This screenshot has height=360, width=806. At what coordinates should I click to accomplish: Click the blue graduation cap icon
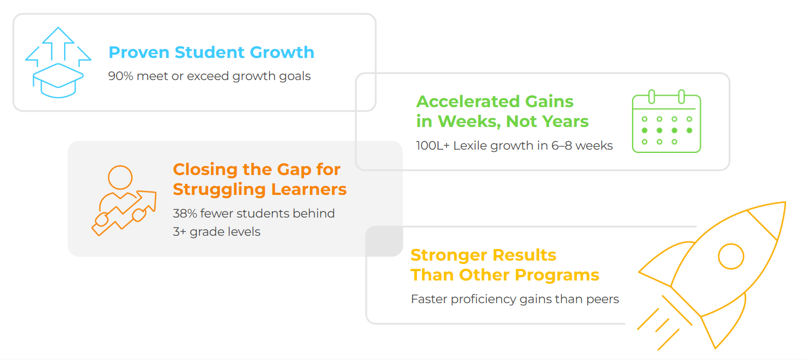coord(58,81)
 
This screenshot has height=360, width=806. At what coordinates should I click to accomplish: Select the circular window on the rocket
coord(731,256)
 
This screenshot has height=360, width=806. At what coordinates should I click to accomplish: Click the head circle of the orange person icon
coord(120,177)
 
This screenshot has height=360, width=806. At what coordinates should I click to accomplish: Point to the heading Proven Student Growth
coord(212,52)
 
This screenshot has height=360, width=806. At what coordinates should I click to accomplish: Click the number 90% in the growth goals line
coord(121,76)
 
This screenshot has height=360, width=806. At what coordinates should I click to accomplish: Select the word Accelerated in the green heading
coord(468,102)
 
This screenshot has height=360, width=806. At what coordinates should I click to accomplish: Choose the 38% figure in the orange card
coord(185,213)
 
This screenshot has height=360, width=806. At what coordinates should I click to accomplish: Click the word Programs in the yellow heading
coord(557,276)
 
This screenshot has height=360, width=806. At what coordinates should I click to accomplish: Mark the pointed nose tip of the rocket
coord(785,203)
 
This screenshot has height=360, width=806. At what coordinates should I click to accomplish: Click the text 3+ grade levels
coord(217,232)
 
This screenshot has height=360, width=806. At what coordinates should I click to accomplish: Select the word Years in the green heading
coord(565,121)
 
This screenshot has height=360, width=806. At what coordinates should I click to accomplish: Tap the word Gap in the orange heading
coord(294,170)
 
